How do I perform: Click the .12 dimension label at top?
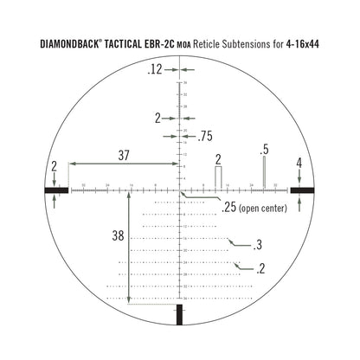click(156, 69)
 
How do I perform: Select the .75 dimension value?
click(205, 136)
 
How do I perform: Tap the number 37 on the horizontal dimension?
click(124, 155)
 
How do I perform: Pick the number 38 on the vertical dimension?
click(119, 235)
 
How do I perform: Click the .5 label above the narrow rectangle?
click(265, 148)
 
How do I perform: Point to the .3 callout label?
click(258, 246)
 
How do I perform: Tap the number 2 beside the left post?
click(55, 164)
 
